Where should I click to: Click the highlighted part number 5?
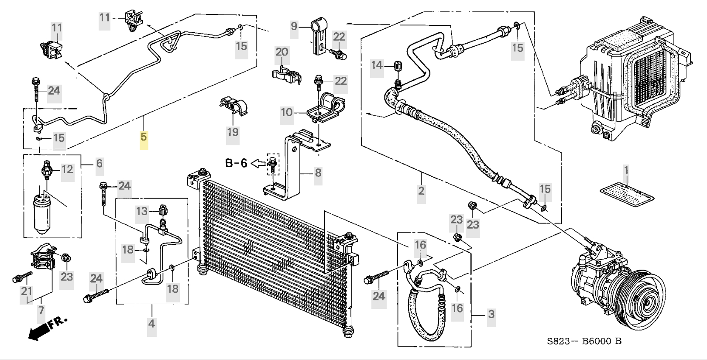[144, 137]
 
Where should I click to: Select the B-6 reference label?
[236, 163]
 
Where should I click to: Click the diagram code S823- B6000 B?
[584, 341]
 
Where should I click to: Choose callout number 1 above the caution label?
[626, 171]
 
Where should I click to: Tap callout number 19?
[233, 131]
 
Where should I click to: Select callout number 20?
[281, 52]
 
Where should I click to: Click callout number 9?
[294, 26]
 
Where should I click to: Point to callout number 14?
[377, 65]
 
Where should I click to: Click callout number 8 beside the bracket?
[318, 173]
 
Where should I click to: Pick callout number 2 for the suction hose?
[421, 191]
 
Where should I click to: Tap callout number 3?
[491, 314]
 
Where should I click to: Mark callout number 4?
[151, 324]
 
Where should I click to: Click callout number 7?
[41, 311]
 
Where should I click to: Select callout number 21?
[27, 291]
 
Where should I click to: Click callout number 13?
[142, 212]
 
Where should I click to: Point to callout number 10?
[286, 113]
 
